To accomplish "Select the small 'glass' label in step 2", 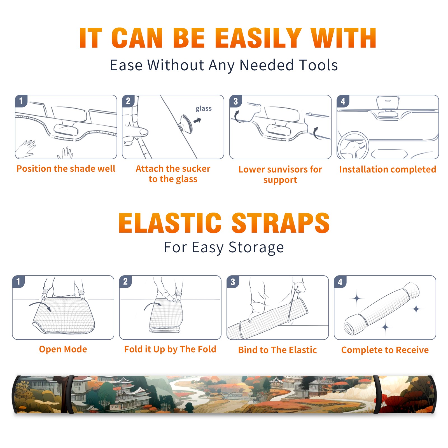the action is (204, 108).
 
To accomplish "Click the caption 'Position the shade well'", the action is (66, 169).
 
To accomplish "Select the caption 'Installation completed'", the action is (388, 169).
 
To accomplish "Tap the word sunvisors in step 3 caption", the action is (287, 169).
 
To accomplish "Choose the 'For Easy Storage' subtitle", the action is (224, 247).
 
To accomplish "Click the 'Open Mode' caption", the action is (63, 349).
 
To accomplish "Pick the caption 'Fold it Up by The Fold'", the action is (170, 349).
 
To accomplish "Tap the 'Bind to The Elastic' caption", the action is (277, 350).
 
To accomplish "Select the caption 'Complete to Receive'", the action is (385, 350).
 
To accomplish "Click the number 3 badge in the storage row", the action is (233, 282).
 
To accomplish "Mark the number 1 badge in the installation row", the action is (21, 101).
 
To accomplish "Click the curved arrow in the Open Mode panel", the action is (40, 304).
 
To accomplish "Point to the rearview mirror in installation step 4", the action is (388, 103).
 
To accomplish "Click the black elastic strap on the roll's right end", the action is (376, 395).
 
